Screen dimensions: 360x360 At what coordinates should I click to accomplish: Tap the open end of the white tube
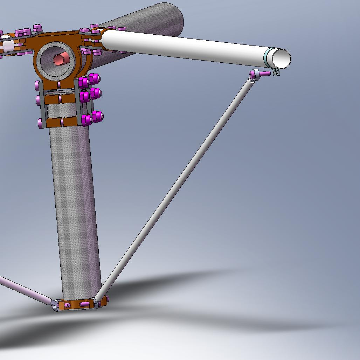coord(282,58)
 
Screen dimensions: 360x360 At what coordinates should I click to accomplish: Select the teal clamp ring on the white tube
coord(268,57)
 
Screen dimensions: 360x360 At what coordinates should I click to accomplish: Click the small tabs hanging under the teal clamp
coord(276,72)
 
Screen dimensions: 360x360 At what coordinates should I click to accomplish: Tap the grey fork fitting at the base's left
coord(56,305)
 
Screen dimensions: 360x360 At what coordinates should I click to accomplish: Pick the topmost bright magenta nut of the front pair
coord(93,78)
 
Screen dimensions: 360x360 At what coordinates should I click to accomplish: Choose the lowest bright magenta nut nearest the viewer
coord(86,120)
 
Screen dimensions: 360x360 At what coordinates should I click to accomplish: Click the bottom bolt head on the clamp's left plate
coord(41,123)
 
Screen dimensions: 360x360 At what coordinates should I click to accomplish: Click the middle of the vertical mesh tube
coord(74,210)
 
